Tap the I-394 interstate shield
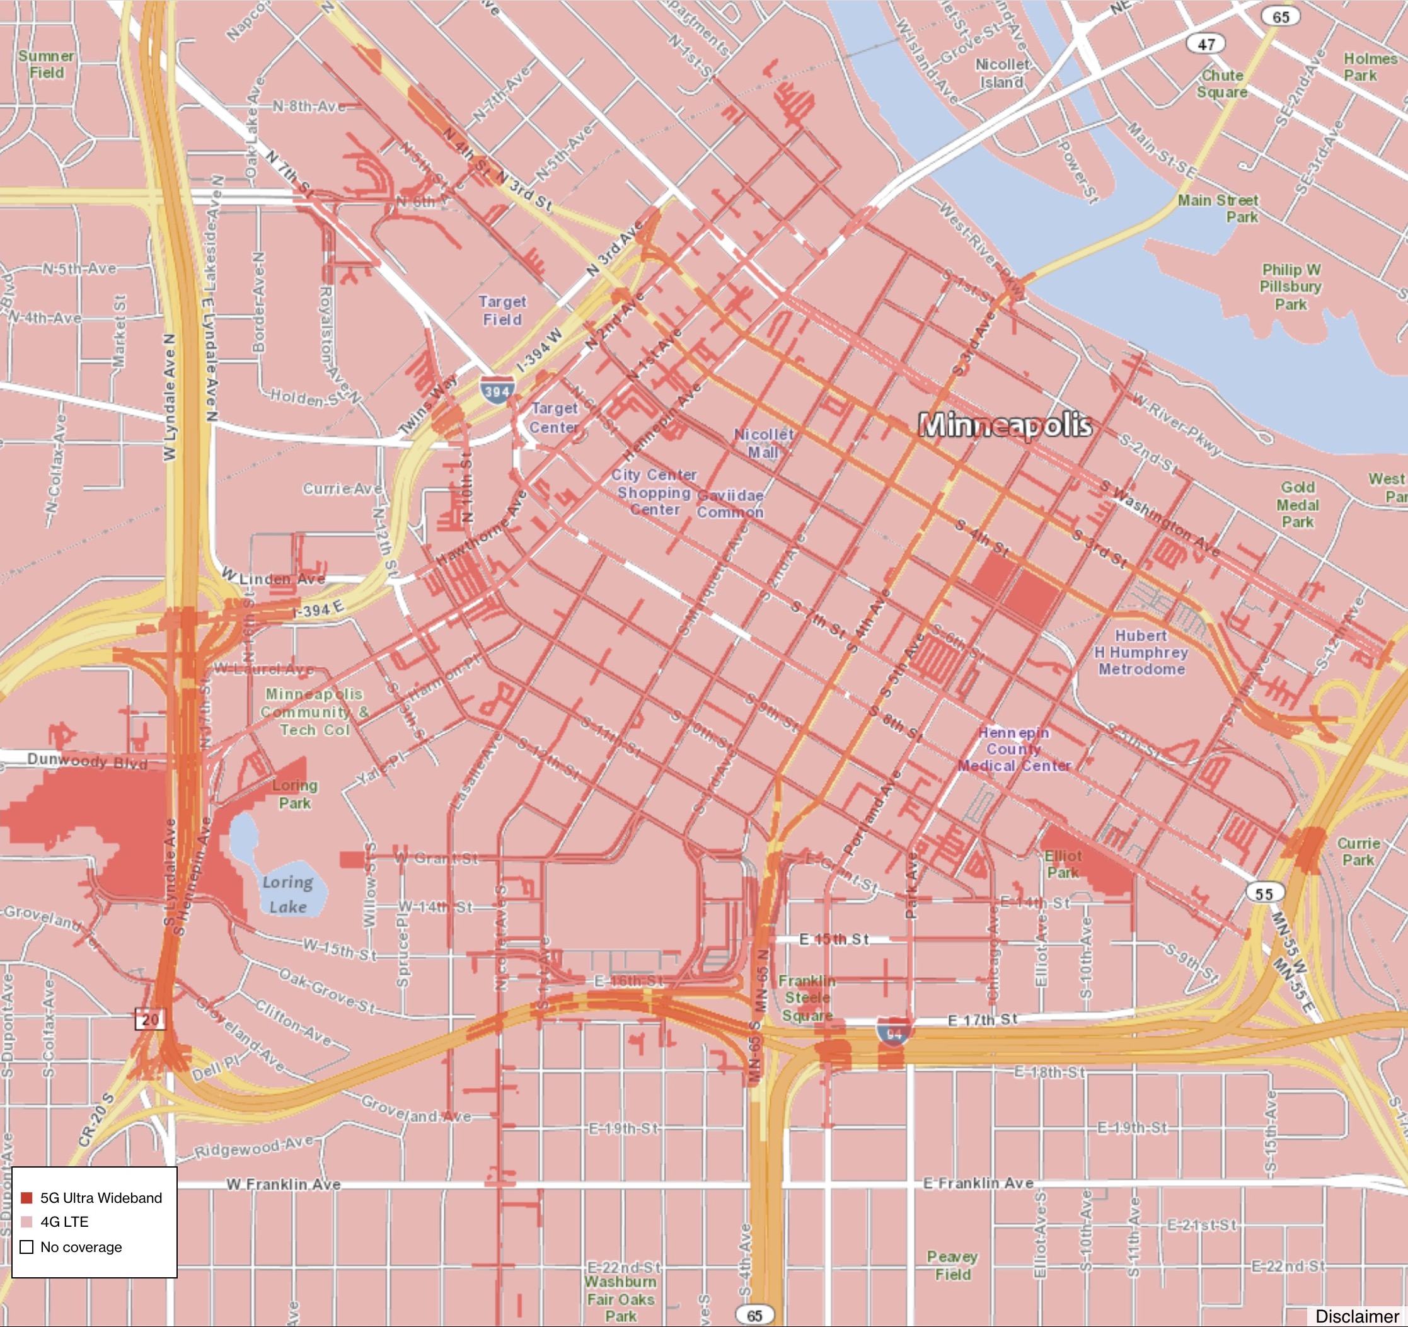tap(497, 390)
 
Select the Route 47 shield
tap(1206, 44)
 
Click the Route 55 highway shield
tap(1264, 893)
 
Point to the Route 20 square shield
tap(150, 1020)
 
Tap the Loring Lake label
tap(287, 894)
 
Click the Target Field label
tap(502, 311)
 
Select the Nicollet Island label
tap(1001, 74)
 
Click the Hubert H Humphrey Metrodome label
tap(1141, 652)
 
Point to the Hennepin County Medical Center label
tap(1014, 749)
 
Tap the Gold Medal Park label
tap(1298, 504)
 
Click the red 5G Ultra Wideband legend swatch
tap(27, 1197)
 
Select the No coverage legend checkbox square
tap(27, 1247)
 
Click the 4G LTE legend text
tap(64, 1222)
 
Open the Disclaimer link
tap(1356, 1316)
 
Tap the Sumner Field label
tap(46, 64)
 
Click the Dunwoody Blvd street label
tap(87, 761)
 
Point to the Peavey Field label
tap(952, 1265)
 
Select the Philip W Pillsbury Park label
tap(1290, 287)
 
